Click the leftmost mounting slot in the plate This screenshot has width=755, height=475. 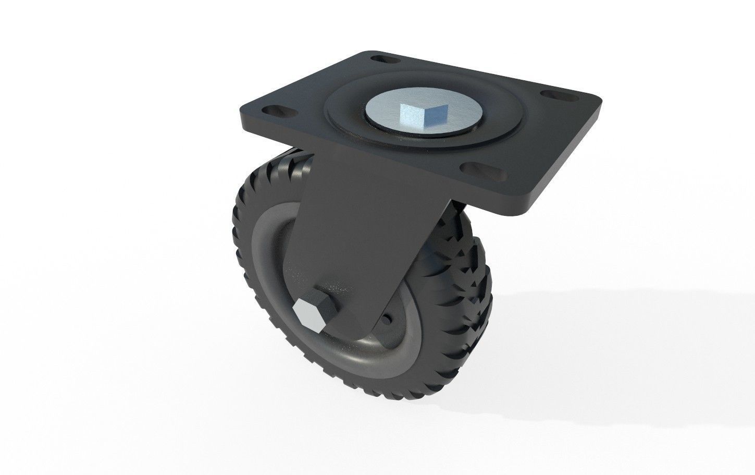pos(271,111)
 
